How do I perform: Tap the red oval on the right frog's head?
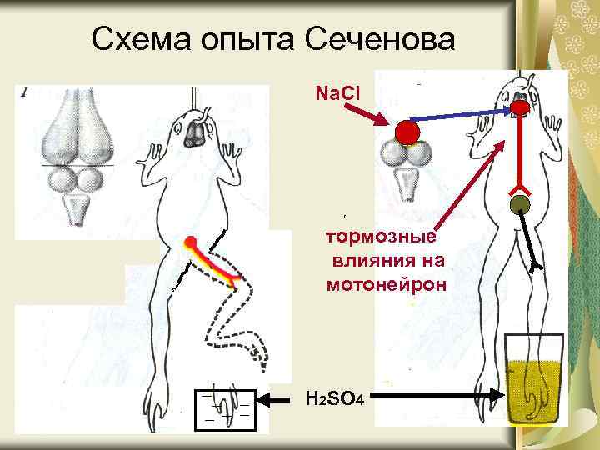(522, 107)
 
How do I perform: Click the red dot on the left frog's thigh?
(190, 243)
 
